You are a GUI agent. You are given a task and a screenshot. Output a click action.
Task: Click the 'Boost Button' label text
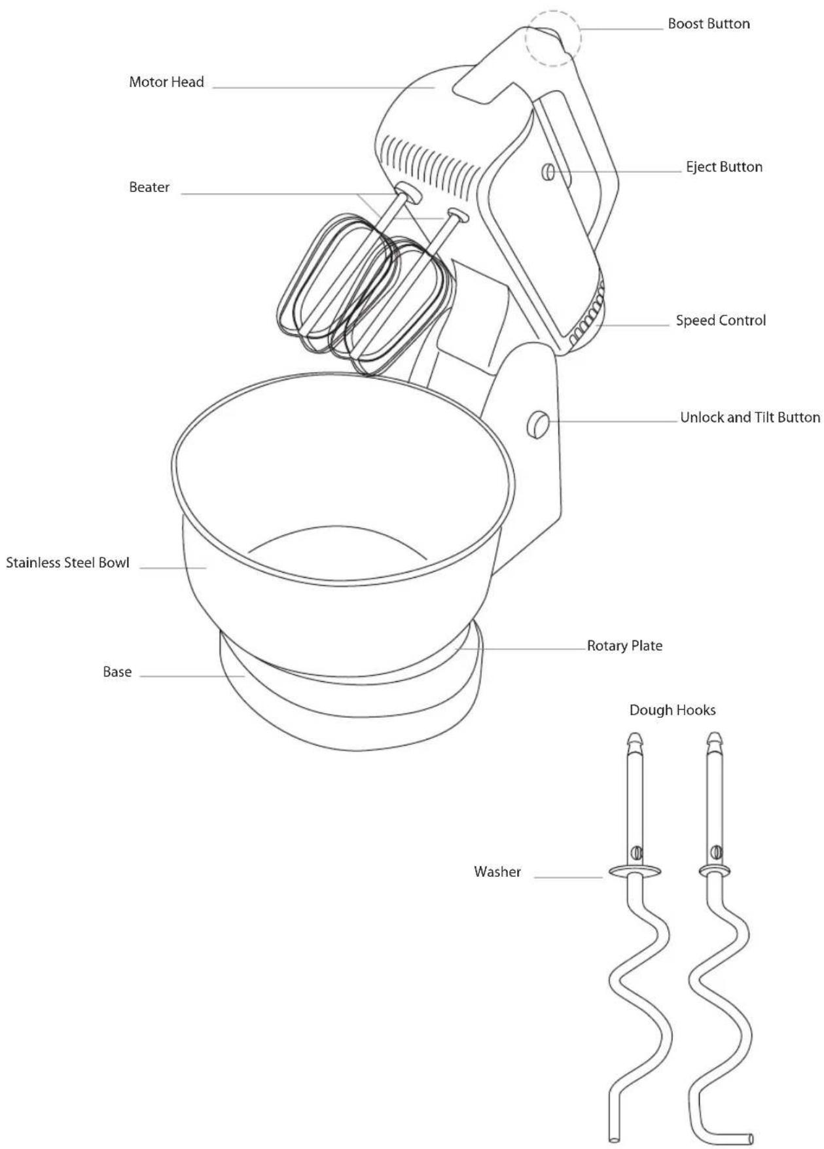[709, 24]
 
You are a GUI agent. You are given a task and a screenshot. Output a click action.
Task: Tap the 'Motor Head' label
[166, 82]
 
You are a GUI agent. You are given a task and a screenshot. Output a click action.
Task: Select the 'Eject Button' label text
[724, 167]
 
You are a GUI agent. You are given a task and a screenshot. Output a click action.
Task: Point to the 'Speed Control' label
[721, 321]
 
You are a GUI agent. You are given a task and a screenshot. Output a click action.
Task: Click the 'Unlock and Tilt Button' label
[750, 417]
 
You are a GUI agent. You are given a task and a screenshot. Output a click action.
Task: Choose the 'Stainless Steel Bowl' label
[68, 563]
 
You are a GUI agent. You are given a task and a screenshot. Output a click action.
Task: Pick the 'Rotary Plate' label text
[624, 646]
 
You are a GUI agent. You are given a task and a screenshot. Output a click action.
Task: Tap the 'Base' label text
[117, 672]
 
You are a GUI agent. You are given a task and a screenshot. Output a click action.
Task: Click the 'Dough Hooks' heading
[672, 710]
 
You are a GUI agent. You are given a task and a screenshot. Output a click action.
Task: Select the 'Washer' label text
[497, 872]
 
